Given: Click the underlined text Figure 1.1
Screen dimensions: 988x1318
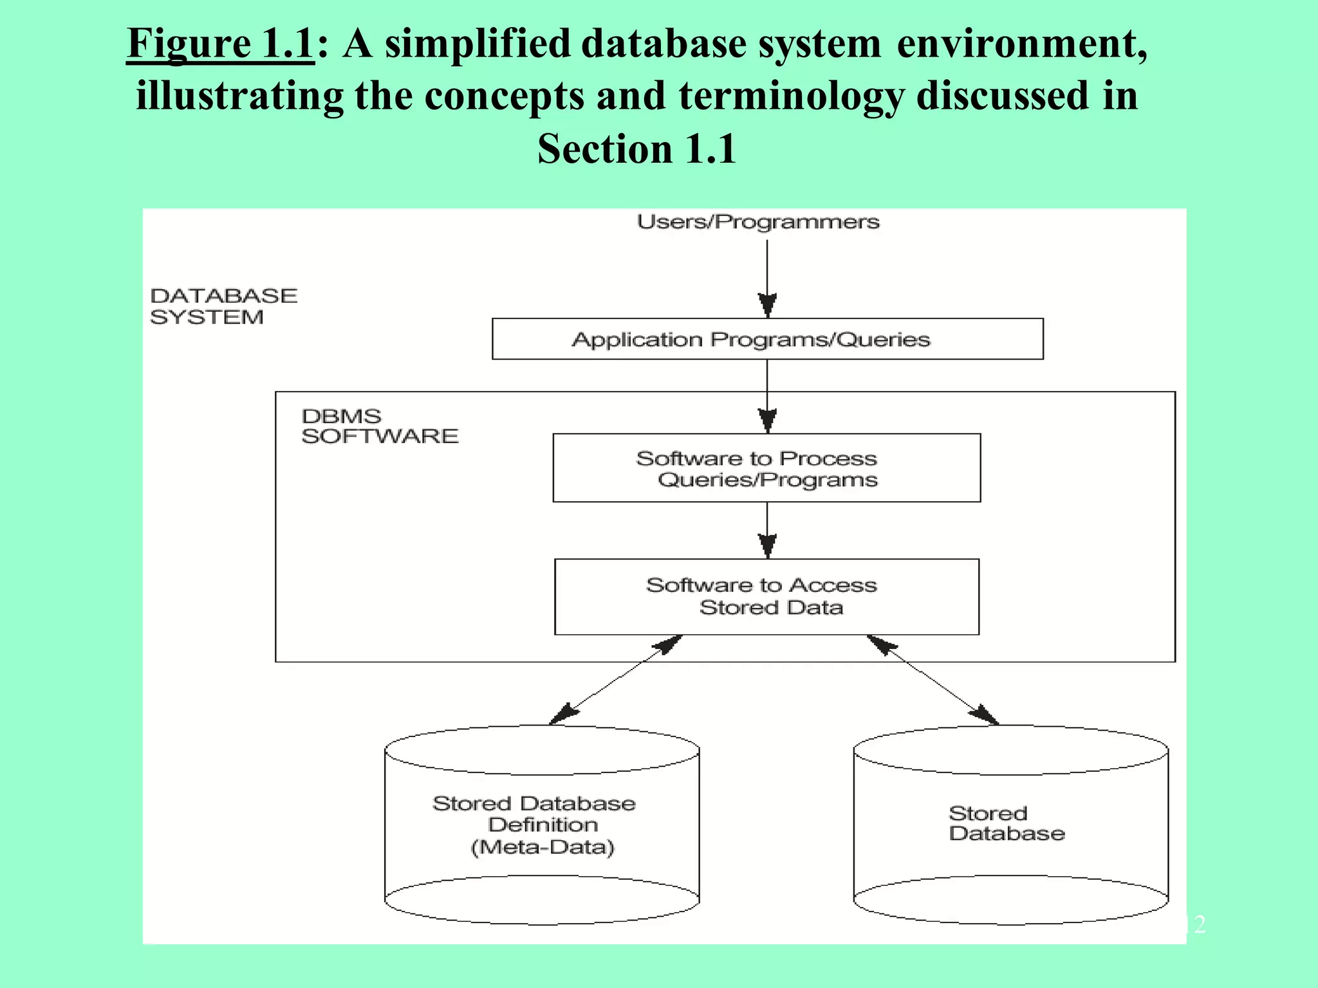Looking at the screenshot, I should point(220,44).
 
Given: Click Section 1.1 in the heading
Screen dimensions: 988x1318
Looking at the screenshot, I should point(636,149).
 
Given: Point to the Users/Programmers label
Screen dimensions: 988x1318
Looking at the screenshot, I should point(758,222).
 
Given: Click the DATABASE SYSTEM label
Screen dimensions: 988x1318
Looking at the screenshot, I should point(223,306).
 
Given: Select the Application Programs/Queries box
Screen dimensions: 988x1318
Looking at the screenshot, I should point(767,339).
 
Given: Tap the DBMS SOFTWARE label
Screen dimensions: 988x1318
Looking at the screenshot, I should point(379,426).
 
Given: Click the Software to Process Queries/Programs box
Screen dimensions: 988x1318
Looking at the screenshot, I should point(766,468).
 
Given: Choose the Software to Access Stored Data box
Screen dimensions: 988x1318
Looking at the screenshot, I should point(766,597).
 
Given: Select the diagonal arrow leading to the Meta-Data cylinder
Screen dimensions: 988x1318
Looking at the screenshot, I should point(616,680).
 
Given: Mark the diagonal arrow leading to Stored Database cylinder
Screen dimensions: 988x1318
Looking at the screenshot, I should point(933,680).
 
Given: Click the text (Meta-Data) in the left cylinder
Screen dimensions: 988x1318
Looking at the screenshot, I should point(543,847).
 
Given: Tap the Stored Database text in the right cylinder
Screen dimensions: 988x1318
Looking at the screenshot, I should point(1006,823).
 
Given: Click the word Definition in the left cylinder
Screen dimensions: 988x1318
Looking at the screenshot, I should point(543,825).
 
